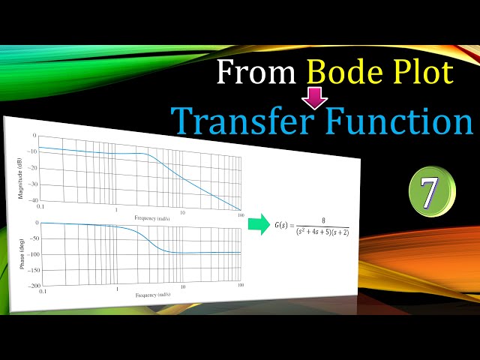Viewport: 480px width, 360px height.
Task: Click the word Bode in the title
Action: [x=341, y=73]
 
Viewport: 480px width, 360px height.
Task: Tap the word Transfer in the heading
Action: [x=240, y=120]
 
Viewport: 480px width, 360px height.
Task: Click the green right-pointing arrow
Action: [x=259, y=224]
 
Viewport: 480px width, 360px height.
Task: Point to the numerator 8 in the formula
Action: [x=322, y=220]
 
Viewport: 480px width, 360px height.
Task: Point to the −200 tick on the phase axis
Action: [x=32, y=286]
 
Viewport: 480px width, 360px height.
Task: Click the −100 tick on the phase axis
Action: [x=34, y=254]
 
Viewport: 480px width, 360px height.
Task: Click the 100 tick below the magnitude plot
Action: [x=239, y=215]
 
